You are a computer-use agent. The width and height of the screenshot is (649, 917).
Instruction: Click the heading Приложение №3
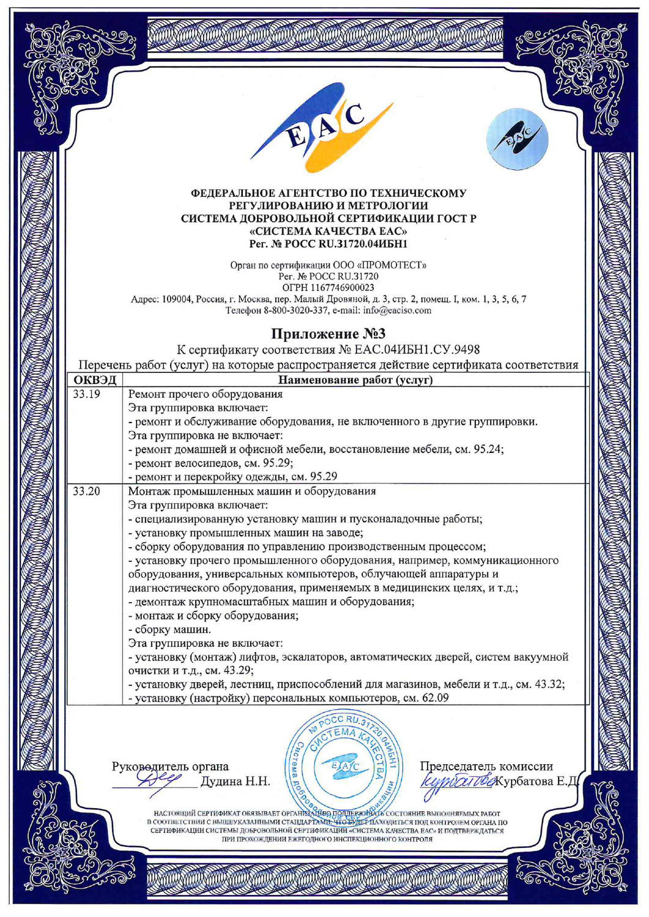pyautogui.click(x=328, y=334)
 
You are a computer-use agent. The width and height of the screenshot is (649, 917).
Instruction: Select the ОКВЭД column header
pyautogui.click(x=95, y=380)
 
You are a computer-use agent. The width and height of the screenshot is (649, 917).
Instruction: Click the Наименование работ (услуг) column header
pyautogui.click(x=355, y=380)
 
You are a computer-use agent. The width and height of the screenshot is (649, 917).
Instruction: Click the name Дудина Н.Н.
pyautogui.click(x=235, y=781)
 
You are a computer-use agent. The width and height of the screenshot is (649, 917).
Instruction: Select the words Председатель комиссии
pyautogui.click(x=486, y=766)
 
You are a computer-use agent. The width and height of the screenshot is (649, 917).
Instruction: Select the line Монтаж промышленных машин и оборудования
pyautogui.click(x=251, y=491)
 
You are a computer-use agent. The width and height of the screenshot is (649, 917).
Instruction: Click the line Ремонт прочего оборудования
pyautogui.click(x=205, y=394)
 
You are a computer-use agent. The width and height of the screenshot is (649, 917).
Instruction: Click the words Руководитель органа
pyautogui.click(x=170, y=766)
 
